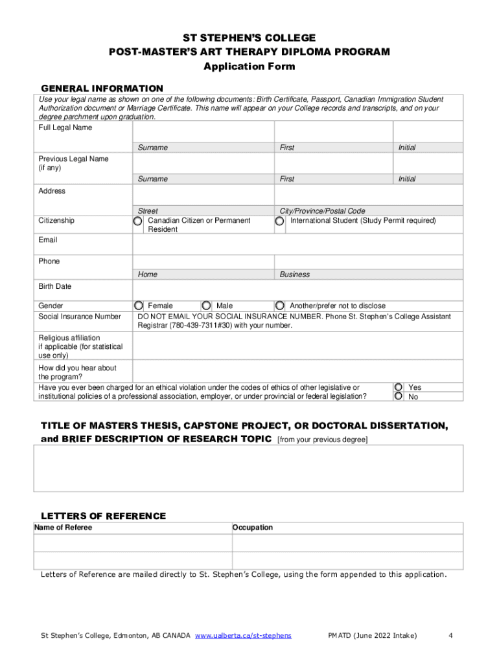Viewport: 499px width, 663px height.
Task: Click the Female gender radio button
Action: (x=138, y=305)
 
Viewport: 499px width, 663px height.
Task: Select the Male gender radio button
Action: (x=206, y=305)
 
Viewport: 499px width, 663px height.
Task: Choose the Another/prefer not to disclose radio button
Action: (x=280, y=305)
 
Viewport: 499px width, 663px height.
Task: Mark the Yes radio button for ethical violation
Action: (x=399, y=387)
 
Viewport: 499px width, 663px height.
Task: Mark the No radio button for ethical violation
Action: (x=399, y=396)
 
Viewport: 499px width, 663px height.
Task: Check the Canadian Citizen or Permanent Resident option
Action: (x=137, y=221)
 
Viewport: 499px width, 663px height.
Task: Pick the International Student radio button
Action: (x=279, y=221)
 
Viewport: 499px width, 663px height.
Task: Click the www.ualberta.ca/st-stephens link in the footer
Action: (x=243, y=635)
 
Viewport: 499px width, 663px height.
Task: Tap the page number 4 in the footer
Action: (x=450, y=635)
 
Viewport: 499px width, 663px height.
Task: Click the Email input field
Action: (x=297, y=244)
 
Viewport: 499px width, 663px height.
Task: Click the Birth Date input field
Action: (x=297, y=289)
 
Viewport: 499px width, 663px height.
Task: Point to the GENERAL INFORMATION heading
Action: (x=102, y=88)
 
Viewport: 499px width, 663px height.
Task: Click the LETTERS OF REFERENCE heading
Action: (x=104, y=516)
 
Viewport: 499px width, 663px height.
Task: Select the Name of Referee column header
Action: (x=63, y=528)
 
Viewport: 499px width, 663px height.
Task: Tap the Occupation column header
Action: (x=253, y=528)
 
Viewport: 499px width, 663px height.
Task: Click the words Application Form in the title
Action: (x=250, y=66)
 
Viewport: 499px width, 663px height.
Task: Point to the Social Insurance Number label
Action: (x=80, y=317)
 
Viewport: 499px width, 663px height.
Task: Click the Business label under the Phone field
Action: (x=295, y=275)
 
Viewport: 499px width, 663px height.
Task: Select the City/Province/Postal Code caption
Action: (x=322, y=211)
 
